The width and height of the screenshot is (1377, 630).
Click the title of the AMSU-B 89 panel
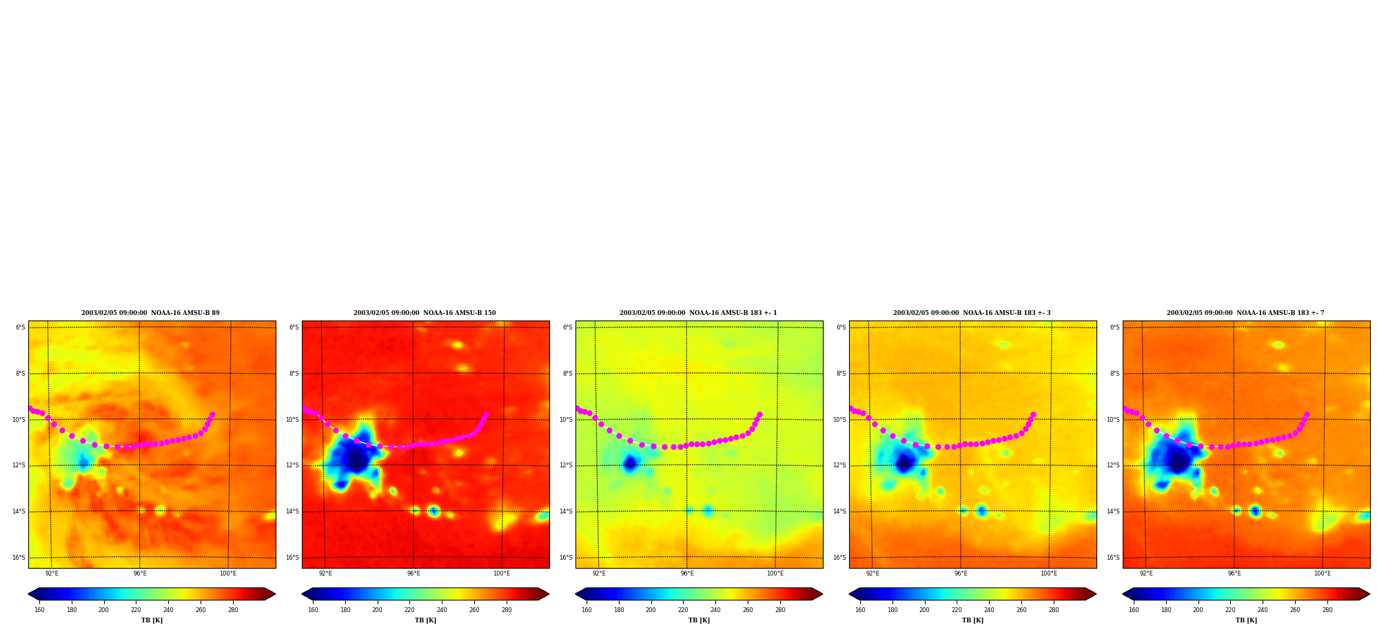pyautogui.click(x=150, y=313)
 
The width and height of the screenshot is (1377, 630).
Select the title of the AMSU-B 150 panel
pyautogui.click(x=425, y=313)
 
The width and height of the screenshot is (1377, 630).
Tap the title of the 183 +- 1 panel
pyautogui.click(x=698, y=313)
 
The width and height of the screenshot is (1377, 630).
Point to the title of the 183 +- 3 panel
pyautogui.click(x=972, y=313)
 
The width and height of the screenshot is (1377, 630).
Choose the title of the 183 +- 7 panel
pyautogui.click(x=1245, y=313)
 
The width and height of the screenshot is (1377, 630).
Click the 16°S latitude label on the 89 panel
pyautogui.click(x=19, y=558)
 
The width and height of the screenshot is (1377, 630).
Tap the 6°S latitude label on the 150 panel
pyautogui.click(x=294, y=327)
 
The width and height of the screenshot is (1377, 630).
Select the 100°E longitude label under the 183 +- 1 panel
pyautogui.click(x=775, y=573)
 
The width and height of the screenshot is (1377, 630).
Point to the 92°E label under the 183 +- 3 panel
pyautogui.click(x=873, y=573)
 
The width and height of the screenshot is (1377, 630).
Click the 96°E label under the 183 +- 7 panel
pyautogui.click(x=1234, y=573)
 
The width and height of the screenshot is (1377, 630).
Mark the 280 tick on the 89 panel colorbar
pyautogui.click(x=233, y=610)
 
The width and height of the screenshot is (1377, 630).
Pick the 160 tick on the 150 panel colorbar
pyautogui.click(x=313, y=610)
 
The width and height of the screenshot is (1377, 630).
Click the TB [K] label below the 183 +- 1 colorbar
pyautogui.click(x=699, y=620)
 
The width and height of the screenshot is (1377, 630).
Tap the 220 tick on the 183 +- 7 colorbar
pyautogui.click(x=1230, y=610)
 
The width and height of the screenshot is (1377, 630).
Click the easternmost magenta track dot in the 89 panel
pyautogui.click(x=212, y=415)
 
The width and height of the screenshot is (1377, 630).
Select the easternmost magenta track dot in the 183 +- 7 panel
pyautogui.click(x=1307, y=415)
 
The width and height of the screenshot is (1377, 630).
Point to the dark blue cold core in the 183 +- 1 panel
pyautogui.click(x=629, y=463)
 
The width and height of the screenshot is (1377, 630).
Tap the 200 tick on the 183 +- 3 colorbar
pyautogui.click(x=924, y=610)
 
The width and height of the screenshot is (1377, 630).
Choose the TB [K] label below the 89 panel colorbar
pyautogui.click(x=152, y=620)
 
